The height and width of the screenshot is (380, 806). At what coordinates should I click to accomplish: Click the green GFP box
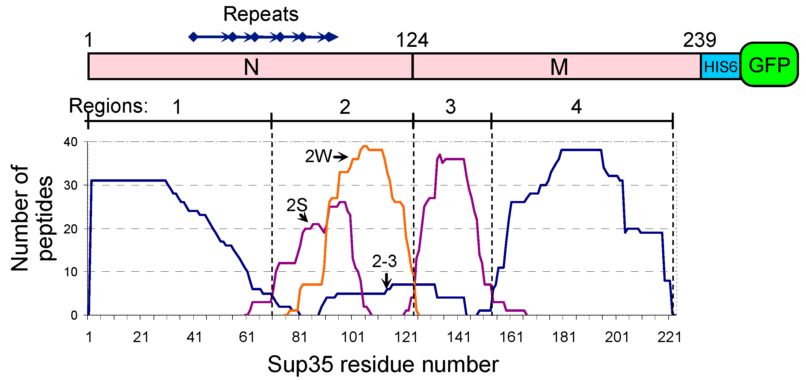pyautogui.click(x=769, y=65)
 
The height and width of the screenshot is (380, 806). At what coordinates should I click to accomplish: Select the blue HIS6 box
pyautogui.click(x=720, y=67)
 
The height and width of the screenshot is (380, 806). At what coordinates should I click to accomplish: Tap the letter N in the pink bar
pyautogui.click(x=251, y=67)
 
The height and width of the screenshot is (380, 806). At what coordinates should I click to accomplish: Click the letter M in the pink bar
pyautogui.click(x=559, y=67)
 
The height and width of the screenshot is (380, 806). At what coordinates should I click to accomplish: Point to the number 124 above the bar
pyautogui.click(x=412, y=40)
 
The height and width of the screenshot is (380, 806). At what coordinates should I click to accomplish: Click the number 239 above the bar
pyautogui.click(x=699, y=40)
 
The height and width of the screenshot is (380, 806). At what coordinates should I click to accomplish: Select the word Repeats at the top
pyautogui.click(x=261, y=14)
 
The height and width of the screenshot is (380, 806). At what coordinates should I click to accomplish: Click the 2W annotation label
pyautogui.click(x=318, y=156)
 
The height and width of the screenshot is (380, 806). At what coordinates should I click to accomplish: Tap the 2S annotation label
pyautogui.click(x=297, y=205)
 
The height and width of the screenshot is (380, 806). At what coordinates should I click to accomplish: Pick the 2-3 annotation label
pyautogui.click(x=384, y=261)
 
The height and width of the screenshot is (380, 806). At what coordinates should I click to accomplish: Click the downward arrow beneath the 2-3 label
pyautogui.click(x=387, y=280)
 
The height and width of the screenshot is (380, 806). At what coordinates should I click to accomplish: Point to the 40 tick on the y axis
pyautogui.click(x=70, y=142)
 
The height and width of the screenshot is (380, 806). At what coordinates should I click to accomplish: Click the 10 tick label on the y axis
pyautogui.click(x=70, y=272)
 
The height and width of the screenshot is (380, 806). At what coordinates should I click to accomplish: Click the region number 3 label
pyautogui.click(x=450, y=107)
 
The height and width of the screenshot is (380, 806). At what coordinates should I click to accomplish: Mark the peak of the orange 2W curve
pyautogui.click(x=365, y=146)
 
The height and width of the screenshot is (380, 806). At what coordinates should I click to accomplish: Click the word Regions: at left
pyautogui.click(x=108, y=106)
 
